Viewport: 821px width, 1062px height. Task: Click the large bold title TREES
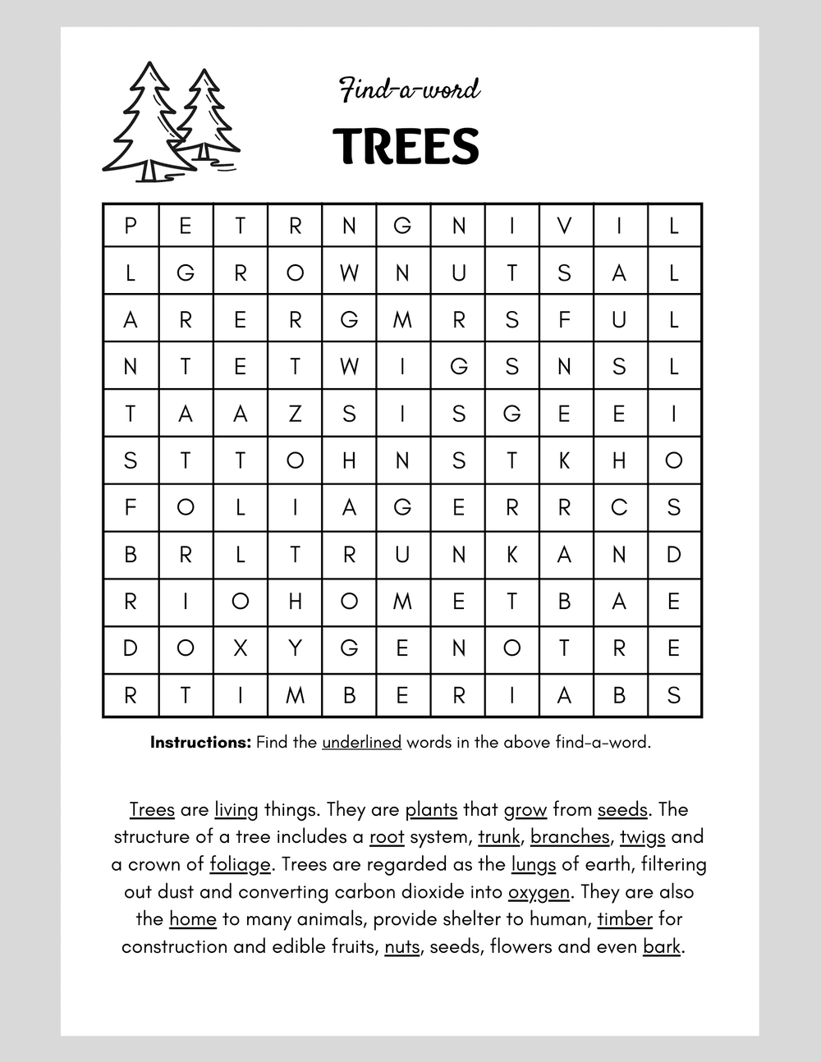[406, 145]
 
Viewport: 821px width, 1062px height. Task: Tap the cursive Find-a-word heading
[410, 89]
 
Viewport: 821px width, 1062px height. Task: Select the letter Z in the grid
[295, 413]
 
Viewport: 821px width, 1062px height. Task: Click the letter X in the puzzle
[240, 648]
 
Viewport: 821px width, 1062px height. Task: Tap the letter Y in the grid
[295, 648]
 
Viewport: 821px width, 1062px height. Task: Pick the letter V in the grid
[564, 225]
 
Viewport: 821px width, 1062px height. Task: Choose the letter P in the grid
[130, 225]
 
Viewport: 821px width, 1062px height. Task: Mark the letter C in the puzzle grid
[619, 507]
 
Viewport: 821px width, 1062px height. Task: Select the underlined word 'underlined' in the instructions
[361, 743]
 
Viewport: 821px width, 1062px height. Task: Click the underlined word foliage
[240, 865]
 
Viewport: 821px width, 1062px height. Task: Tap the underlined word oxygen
[539, 892]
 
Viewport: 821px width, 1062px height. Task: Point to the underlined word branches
[570, 837]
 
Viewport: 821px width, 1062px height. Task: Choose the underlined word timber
[625, 919]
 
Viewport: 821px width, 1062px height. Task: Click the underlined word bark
[662, 946]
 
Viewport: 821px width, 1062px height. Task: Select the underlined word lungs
[534, 865]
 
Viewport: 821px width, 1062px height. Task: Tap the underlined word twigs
[642, 838]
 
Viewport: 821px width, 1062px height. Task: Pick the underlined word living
[236, 810]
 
